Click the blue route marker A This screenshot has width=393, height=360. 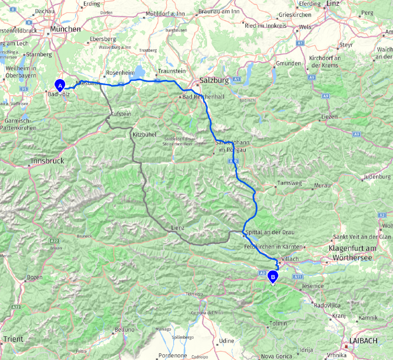tap(60, 85)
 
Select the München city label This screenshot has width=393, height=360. tap(65, 29)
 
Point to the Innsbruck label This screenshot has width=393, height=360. tap(48, 161)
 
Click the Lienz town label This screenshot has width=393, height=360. tap(177, 228)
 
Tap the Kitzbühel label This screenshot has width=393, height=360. tap(145, 134)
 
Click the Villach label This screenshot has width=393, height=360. tap(290, 259)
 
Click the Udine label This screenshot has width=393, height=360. tap(226, 341)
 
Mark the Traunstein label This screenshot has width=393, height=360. tap(171, 71)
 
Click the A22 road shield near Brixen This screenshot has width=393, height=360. tap(54, 240)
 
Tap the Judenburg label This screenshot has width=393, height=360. tap(377, 177)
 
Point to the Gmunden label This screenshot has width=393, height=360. tap(289, 63)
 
